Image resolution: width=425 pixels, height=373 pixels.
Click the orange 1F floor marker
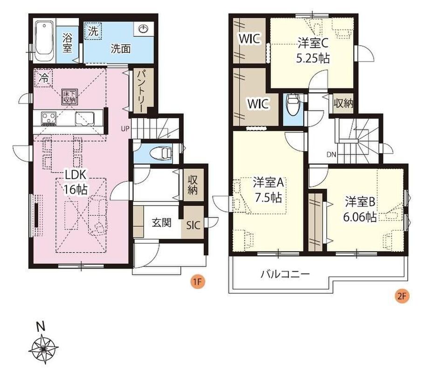click(x=198, y=282)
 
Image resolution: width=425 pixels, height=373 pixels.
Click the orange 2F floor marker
click(x=402, y=296)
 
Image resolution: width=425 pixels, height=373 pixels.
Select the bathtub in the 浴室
click(x=44, y=41)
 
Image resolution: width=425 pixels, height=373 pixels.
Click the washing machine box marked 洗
click(x=94, y=31)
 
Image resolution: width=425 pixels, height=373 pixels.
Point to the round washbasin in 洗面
click(x=143, y=29)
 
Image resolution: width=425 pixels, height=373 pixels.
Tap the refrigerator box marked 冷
click(x=43, y=78)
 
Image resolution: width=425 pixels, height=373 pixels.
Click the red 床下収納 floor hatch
click(x=69, y=96)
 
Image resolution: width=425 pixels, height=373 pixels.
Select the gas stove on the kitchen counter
click(x=49, y=118)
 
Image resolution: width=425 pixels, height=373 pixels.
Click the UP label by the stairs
click(x=125, y=128)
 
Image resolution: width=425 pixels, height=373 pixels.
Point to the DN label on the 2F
click(x=331, y=155)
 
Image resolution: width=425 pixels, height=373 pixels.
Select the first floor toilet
click(x=161, y=153)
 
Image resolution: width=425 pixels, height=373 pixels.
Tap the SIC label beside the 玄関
click(x=193, y=225)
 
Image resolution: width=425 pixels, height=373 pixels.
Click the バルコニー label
click(x=285, y=275)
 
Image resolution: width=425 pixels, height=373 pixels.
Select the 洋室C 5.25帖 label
click(x=313, y=50)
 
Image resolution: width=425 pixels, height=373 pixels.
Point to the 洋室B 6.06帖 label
click(x=360, y=209)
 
